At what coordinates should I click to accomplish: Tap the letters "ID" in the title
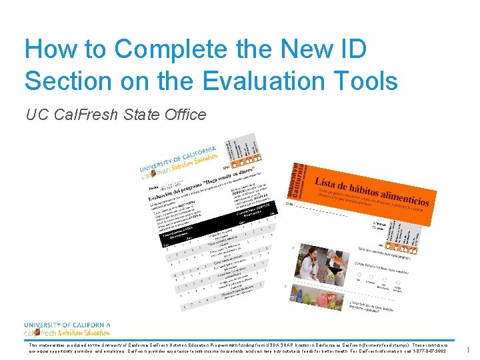click(349, 49)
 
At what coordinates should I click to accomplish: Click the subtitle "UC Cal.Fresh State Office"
click(115, 115)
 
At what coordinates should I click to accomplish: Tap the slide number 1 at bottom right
click(468, 350)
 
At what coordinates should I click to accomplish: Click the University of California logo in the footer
click(67, 329)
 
